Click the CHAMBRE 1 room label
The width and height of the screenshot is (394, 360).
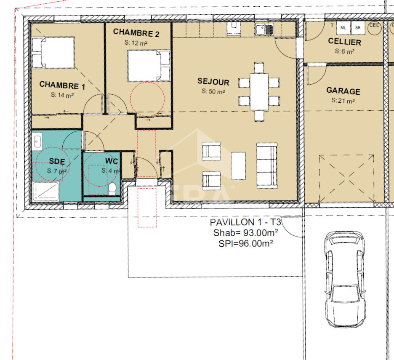pos(62,85)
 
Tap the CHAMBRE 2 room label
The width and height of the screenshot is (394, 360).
pos(136,33)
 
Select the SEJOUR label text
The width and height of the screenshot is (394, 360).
pos(213,81)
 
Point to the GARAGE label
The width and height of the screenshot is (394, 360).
pos(343,91)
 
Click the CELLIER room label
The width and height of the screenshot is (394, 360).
pos(344,42)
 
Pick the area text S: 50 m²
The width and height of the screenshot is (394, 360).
pos(213,91)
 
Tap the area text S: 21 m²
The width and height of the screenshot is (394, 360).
pos(343,101)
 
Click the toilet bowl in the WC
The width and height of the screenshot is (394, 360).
pos(112,189)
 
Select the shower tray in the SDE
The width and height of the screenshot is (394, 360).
pos(46,192)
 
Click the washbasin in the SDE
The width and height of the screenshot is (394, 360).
pos(37,141)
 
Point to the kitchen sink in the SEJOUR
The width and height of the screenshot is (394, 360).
pos(265,29)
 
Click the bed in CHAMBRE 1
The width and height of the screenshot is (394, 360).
pos(53,53)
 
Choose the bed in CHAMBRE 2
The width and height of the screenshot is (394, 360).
pos(149,66)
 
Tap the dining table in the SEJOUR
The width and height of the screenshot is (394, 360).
pos(259,91)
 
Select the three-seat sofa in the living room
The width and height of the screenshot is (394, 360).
pos(267,165)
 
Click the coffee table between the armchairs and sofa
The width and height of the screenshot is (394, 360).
pos(238,165)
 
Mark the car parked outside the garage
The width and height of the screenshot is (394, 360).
pos(345,279)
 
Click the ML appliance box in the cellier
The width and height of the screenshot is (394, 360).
pos(343,28)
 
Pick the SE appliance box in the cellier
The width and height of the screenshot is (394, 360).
pos(358,28)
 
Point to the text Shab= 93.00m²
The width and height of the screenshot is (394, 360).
pos(245,233)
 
